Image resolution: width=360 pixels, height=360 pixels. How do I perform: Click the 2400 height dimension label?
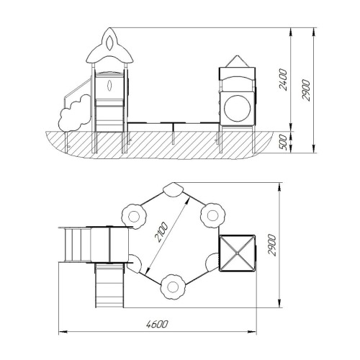pos(283,79)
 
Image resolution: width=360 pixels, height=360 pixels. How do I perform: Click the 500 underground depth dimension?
pos(283,143)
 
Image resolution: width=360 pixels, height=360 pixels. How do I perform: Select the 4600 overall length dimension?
pos(157,325)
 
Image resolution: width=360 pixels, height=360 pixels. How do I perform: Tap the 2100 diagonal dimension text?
pos(161,232)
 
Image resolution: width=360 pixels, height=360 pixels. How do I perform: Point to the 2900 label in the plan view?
pos(272,245)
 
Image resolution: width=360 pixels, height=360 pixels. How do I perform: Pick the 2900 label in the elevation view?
pos(306,90)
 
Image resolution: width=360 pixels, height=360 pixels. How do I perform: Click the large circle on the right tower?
pos(237,108)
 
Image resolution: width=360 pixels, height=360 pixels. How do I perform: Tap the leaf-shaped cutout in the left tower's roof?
pos(109,43)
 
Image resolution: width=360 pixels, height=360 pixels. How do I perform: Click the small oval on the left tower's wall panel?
pos(109,86)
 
